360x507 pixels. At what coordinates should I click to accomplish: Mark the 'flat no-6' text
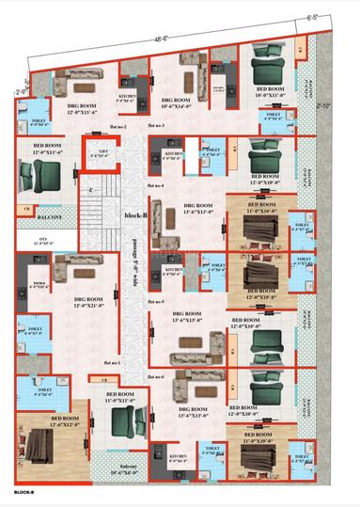pyautogui.click(x=154, y=377)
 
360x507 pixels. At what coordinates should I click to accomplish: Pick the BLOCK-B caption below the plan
pyautogui.click(x=23, y=492)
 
